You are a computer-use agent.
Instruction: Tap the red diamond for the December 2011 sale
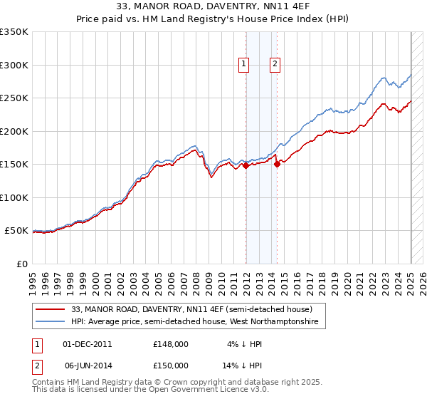point(246,165)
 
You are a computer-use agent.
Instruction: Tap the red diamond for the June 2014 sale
point(277,164)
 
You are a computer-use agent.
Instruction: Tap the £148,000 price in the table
point(170,343)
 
